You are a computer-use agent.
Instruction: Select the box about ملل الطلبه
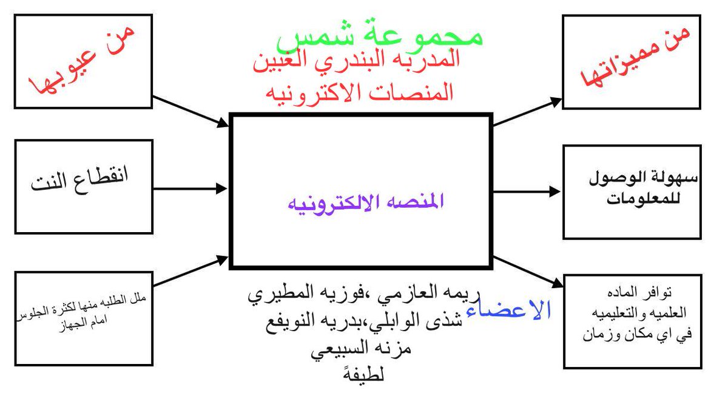83,318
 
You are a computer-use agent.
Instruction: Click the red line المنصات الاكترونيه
358,92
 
